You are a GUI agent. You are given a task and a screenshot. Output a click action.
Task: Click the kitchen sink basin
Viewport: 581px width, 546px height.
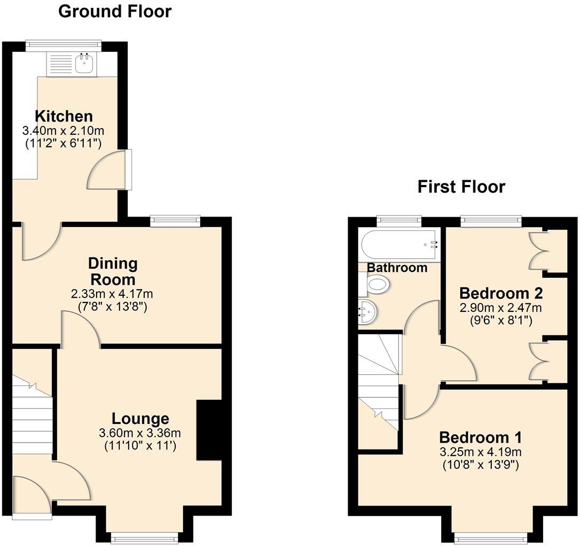(x=84, y=64)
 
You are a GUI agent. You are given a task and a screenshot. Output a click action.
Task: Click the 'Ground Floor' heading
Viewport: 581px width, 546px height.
(x=115, y=11)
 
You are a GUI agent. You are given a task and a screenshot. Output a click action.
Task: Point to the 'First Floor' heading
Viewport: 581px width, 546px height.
(x=461, y=187)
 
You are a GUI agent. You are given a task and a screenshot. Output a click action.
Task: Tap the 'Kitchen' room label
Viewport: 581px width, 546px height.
(x=64, y=116)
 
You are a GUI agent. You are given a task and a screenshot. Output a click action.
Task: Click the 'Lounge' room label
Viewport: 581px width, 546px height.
(x=140, y=419)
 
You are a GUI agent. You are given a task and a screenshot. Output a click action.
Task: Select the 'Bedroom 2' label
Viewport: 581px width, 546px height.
(x=501, y=293)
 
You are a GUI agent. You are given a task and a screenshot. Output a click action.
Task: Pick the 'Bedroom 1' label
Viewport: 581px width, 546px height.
(x=480, y=438)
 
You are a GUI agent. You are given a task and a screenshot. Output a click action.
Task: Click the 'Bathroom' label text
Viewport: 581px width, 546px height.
(x=397, y=268)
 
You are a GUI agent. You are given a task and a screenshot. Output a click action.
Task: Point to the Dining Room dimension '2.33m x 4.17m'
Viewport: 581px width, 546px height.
(x=112, y=294)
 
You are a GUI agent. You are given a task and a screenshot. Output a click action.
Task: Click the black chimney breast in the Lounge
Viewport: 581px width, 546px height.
(x=209, y=430)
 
